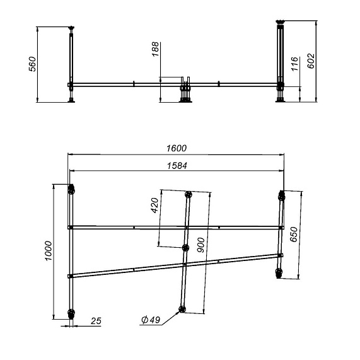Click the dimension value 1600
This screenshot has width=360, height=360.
[177, 148]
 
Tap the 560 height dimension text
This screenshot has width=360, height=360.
[33, 65]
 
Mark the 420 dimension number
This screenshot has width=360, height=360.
[155, 206]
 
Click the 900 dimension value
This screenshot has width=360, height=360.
[200, 245]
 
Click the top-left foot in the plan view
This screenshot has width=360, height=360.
[71, 189]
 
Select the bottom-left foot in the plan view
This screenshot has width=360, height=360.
[71, 313]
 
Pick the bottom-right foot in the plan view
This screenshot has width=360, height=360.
[279, 272]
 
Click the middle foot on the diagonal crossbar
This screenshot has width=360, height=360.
[185, 248]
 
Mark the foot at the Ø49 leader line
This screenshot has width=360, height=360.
[182, 309]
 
